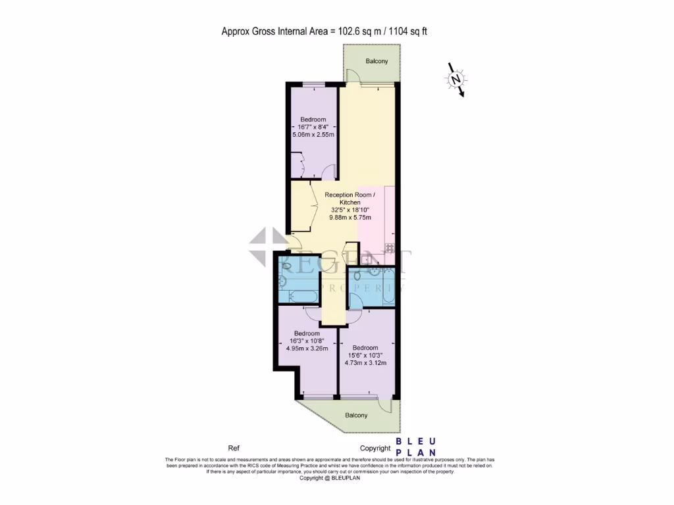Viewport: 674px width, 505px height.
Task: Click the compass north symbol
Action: click(455, 80)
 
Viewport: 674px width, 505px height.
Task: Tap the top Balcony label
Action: click(376, 61)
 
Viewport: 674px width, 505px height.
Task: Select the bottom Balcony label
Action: click(356, 416)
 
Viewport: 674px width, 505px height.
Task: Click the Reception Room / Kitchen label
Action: click(350, 199)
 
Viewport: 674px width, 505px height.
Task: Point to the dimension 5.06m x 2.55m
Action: click(313, 135)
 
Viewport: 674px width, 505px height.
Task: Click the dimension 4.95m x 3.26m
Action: click(307, 349)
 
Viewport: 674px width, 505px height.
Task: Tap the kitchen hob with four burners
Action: click(390, 248)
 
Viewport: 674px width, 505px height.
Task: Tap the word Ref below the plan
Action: click(234, 448)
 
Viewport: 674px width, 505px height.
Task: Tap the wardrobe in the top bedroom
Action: click(298, 164)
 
